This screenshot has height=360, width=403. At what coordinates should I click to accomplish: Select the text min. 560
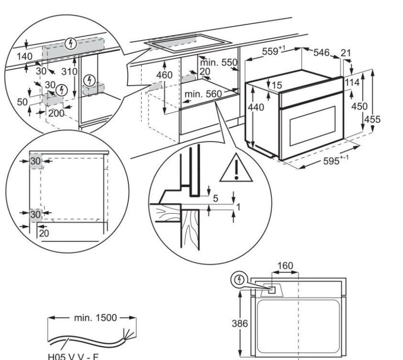203,95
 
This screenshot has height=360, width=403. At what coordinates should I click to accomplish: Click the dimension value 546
321,53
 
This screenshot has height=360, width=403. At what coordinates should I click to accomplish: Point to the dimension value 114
352,83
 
